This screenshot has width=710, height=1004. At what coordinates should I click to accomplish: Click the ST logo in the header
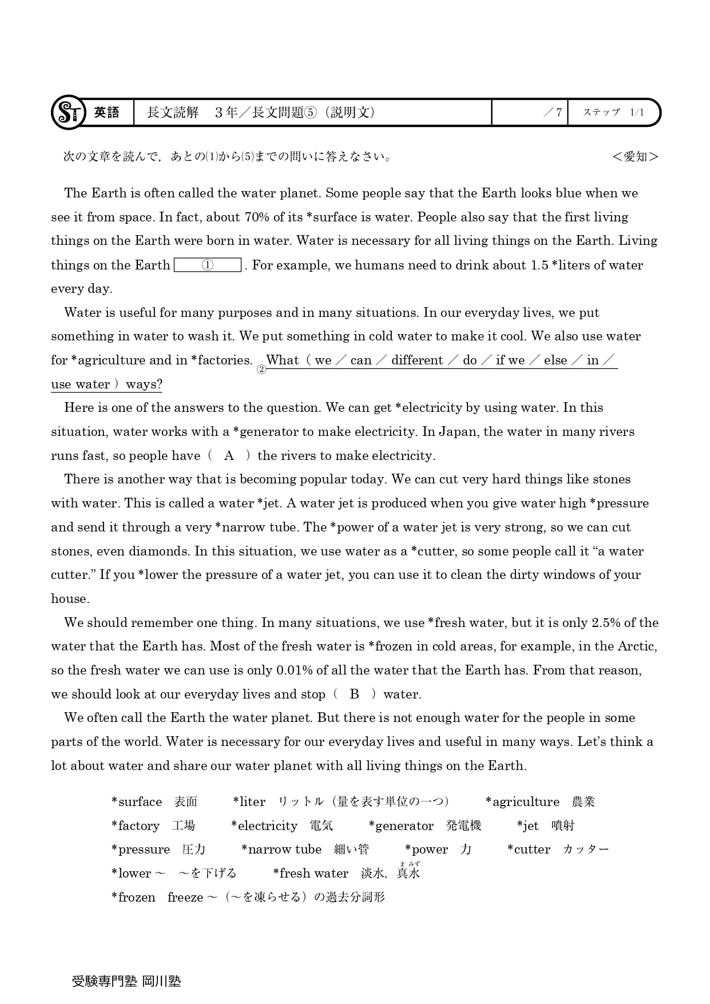(x=68, y=112)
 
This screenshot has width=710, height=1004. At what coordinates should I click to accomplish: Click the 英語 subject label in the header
(x=106, y=113)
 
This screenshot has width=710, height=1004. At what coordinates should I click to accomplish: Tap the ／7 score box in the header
(x=529, y=113)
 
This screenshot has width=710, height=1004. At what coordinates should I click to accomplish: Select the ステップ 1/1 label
(x=613, y=113)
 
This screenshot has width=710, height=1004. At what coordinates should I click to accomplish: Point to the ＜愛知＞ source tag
(x=635, y=157)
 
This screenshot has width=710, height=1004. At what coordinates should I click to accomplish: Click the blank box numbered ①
(x=208, y=265)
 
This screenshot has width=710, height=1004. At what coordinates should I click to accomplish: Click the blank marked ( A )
(x=229, y=456)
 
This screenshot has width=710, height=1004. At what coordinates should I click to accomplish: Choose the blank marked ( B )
(x=355, y=695)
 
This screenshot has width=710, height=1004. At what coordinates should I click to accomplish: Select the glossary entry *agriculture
(x=522, y=802)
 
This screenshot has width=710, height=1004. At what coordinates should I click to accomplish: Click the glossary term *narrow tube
(x=281, y=850)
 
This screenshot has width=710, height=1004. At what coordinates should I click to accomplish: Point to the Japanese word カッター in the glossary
(x=586, y=850)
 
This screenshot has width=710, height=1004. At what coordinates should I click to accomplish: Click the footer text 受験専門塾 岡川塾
(x=126, y=981)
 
